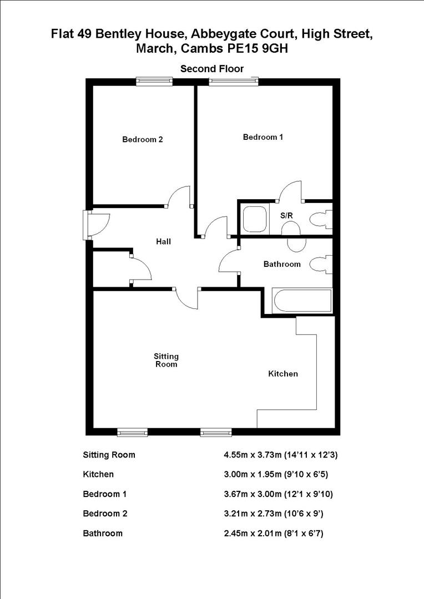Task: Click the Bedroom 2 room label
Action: [x=143, y=140]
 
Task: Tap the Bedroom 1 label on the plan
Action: [x=263, y=137]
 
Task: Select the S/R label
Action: [x=286, y=215]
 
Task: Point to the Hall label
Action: [x=163, y=242]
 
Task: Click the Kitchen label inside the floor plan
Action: [x=283, y=374]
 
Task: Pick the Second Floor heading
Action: [x=212, y=69]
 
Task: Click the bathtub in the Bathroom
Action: [x=302, y=302]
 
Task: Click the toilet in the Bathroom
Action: [x=321, y=263]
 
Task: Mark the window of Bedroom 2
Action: [x=155, y=82]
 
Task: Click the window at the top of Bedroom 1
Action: [x=234, y=82]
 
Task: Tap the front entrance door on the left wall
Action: [x=90, y=224]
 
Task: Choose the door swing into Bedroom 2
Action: [x=180, y=196]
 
